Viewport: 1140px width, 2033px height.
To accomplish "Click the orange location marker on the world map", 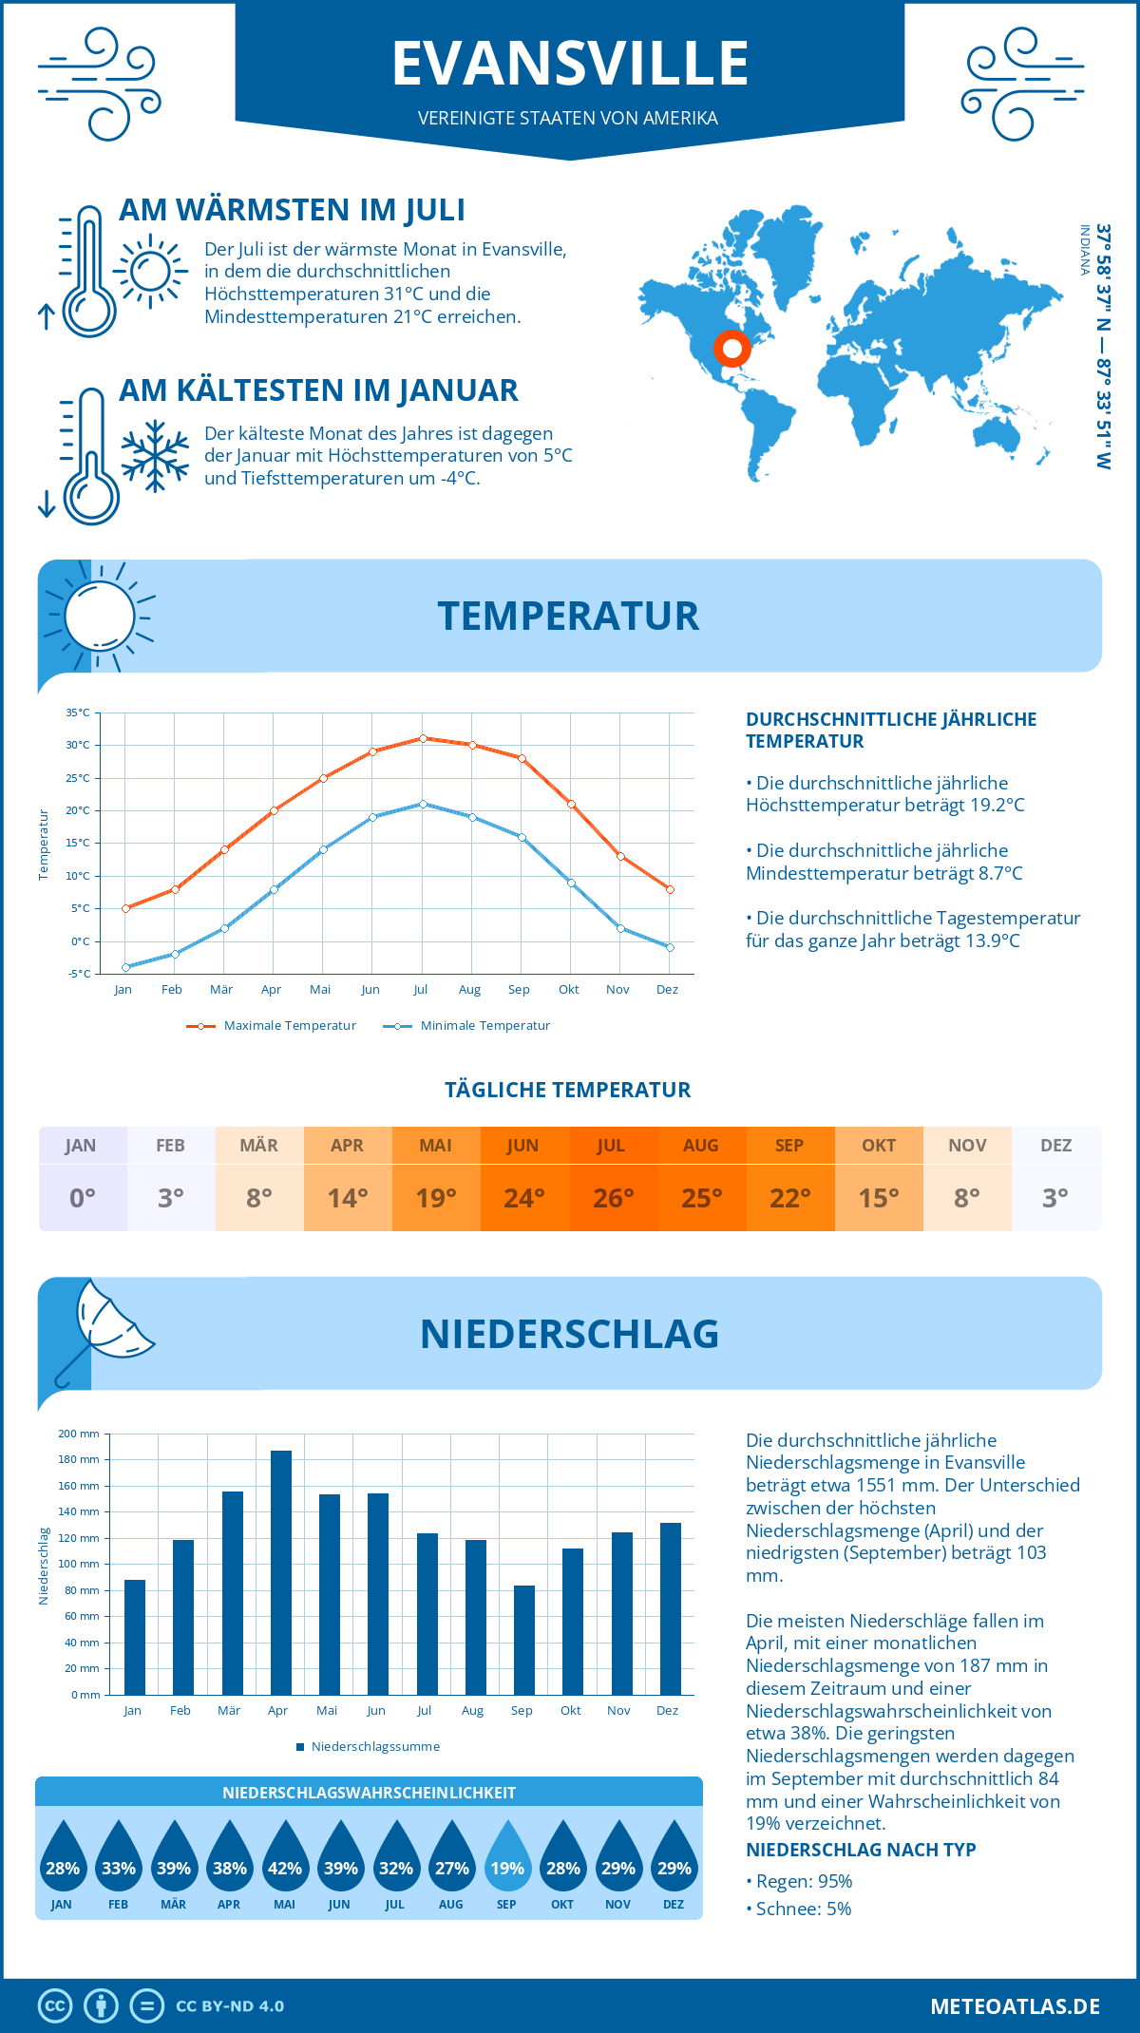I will [731, 349].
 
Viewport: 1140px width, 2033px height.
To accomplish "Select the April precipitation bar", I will [281, 1572].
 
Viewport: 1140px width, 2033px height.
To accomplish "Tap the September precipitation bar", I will [524, 1640].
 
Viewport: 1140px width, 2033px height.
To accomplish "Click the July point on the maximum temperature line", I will [424, 738].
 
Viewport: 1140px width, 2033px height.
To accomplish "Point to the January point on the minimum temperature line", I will [125, 967].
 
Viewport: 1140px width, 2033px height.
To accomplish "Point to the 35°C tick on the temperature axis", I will [78, 712].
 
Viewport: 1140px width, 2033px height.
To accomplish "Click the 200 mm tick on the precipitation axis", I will [79, 1434].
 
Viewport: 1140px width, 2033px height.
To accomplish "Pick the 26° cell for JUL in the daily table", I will [613, 1198].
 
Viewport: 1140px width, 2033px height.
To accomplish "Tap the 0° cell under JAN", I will [83, 1198].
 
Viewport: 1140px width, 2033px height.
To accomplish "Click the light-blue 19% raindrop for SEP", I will [507, 1856].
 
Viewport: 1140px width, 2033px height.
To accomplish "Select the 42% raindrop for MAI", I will [285, 1856].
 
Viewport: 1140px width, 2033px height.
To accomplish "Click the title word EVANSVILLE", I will [570, 64].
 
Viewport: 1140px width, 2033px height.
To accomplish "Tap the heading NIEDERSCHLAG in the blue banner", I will [569, 1334].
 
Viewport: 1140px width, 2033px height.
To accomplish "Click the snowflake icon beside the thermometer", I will [155, 456].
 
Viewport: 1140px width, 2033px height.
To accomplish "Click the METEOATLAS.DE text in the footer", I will [1015, 2006].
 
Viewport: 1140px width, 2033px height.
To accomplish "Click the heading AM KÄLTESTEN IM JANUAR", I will [318, 390].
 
